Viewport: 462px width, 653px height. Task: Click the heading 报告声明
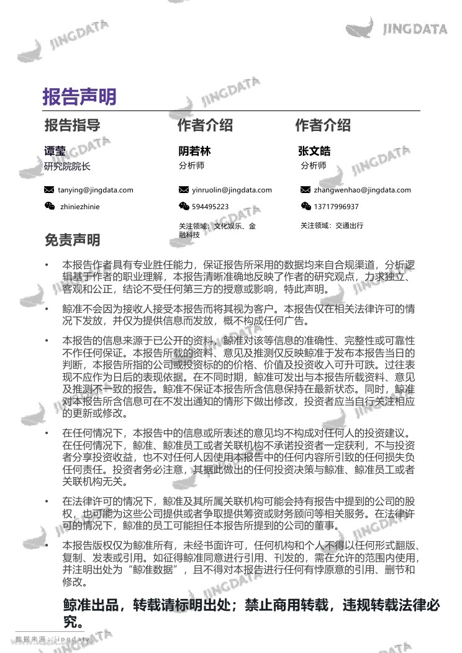click(79, 97)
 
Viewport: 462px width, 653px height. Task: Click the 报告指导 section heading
click(72, 125)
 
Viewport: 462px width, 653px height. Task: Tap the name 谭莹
click(55, 151)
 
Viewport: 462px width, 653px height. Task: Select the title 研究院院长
click(67, 166)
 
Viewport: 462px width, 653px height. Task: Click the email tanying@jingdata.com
click(95, 190)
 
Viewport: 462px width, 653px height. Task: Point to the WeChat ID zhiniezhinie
click(79, 207)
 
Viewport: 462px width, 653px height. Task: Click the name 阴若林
click(194, 151)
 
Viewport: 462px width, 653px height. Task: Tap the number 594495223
click(210, 207)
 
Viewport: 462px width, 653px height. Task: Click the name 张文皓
click(314, 151)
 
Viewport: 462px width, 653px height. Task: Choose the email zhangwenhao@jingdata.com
click(362, 190)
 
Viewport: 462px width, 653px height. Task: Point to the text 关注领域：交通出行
click(332, 225)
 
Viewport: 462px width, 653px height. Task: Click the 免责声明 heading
click(72, 240)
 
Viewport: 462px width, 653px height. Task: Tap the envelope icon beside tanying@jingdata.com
click(49, 190)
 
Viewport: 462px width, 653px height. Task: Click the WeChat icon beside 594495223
click(184, 207)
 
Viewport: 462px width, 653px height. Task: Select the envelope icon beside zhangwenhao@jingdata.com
click(306, 190)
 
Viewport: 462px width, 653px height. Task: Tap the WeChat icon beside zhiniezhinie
click(49, 207)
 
